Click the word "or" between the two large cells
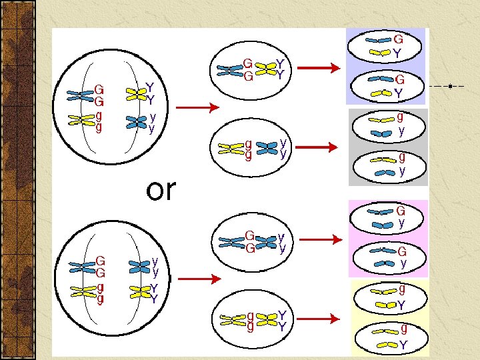pyautogui.click(x=161, y=191)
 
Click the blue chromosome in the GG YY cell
pyautogui.click(x=229, y=69)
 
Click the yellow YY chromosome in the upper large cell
pyautogui.click(x=137, y=93)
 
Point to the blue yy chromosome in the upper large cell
pyautogui.click(x=137, y=122)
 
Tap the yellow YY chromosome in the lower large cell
pyautogui.click(x=139, y=291)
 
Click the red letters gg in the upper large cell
pyautogui.click(x=99, y=121)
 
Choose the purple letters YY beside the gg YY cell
pyautogui.click(x=283, y=321)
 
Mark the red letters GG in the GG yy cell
pyautogui.click(x=249, y=241)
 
